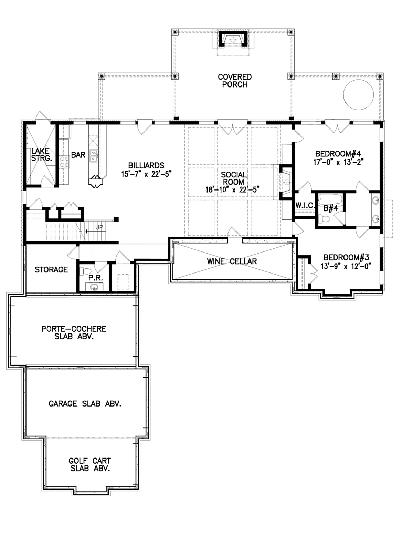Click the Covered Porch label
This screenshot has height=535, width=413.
click(235, 81)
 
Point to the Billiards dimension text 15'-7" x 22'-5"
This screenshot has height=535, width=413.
click(146, 174)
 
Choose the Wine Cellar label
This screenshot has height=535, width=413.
click(232, 261)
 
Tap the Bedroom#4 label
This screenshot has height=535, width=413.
click(338, 154)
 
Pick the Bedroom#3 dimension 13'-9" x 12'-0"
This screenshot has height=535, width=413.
click(346, 266)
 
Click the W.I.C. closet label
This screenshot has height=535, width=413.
click(305, 206)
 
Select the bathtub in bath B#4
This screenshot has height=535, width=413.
click(330, 199)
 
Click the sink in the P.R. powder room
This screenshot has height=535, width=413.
click(94, 287)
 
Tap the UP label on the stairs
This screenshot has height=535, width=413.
click(99, 227)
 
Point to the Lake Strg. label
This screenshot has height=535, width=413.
click(41, 154)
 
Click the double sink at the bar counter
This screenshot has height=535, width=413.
click(94, 156)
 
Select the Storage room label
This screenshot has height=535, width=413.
click(51, 270)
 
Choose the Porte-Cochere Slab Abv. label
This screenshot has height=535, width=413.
click(74, 333)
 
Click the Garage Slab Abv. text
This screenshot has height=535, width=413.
click(85, 403)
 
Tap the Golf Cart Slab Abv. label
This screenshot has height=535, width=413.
click(90, 464)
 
